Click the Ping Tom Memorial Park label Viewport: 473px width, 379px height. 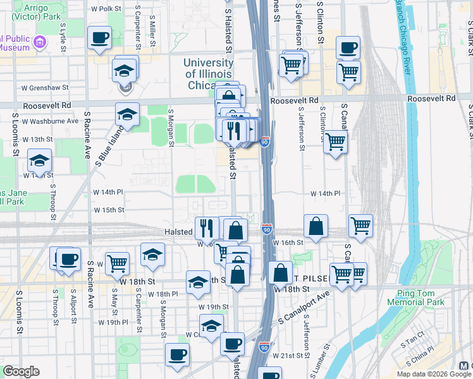pyautogui.click(x=421, y=298)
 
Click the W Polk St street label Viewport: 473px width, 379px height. pyautogui.click(x=106, y=9)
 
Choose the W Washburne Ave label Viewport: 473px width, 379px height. pyautogui.click(x=50, y=121)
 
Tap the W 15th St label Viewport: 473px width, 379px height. pyautogui.click(x=109, y=210)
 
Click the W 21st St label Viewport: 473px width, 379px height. pyautogui.click(x=293, y=356)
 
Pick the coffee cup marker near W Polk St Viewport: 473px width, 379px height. pyautogui.click(x=100, y=39)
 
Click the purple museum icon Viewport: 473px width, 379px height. pyautogui.click(x=40, y=42)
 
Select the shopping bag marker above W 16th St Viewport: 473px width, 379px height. pyautogui.click(x=316, y=226)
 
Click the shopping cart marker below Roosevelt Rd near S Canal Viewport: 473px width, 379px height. pyautogui.click(x=335, y=141)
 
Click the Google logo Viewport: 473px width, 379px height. pyautogui.click(x=21, y=371)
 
